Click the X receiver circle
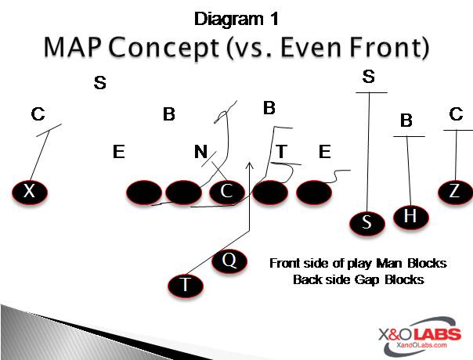[30, 192]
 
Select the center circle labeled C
[227, 192]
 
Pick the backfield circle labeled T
[186, 285]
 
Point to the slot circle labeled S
[366, 223]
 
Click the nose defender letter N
[200, 152]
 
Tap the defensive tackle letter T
[281, 151]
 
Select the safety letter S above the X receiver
[99, 82]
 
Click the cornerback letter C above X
[38, 115]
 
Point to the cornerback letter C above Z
[457, 114]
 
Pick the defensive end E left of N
[119, 152]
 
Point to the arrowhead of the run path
[250, 165]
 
